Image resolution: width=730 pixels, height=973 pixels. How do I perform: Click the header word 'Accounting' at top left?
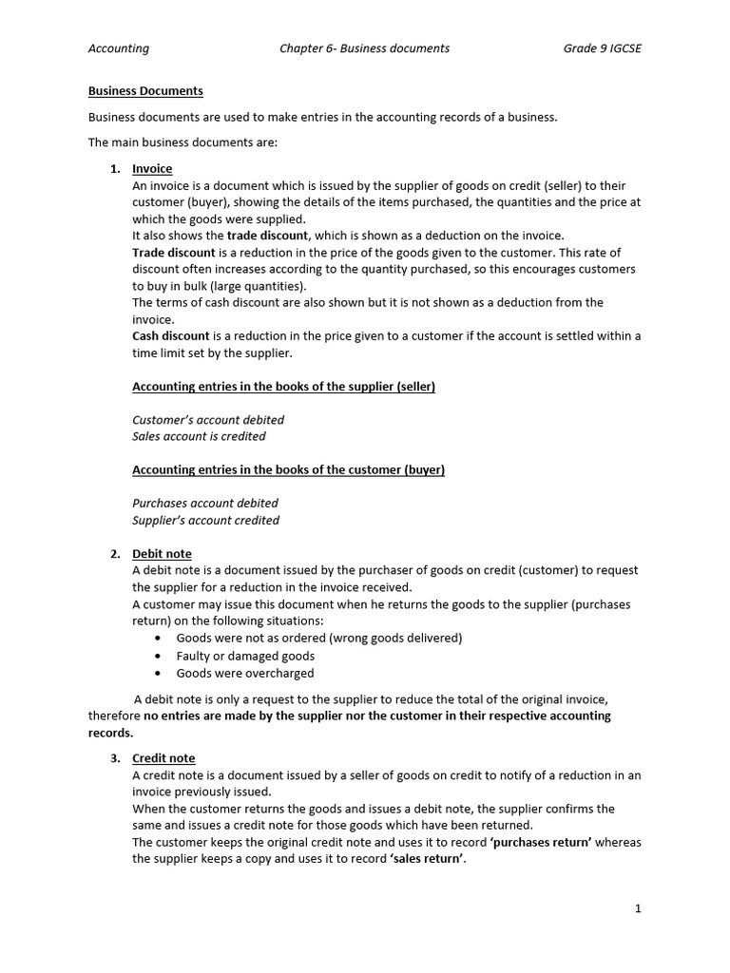pyautogui.click(x=119, y=48)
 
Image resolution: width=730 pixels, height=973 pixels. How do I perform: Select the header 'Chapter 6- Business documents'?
pyautogui.click(x=364, y=48)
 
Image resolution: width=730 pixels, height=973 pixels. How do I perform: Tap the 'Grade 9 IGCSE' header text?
pyautogui.click(x=602, y=48)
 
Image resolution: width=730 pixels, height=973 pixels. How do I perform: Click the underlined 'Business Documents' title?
pyautogui.click(x=145, y=91)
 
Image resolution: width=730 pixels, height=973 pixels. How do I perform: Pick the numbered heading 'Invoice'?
pyautogui.click(x=152, y=169)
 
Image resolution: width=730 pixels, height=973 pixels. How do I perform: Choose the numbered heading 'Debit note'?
pyautogui.click(x=162, y=554)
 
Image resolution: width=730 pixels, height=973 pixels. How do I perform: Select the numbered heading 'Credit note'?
pyautogui.click(x=163, y=758)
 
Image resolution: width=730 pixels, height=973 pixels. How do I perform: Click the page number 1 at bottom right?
pyautogui.click(x=638, y=908)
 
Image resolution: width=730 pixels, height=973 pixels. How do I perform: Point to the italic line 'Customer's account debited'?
pyautogui.click(x=208, y=420)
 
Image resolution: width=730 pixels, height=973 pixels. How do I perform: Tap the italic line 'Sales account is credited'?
pyautogui.click(x=199, y=437)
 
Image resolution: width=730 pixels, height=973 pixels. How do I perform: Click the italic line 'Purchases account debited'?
pyautogui.click(x=205, y=504)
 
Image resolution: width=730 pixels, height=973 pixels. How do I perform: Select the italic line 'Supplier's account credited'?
pyautogui.click(x=206, y=521)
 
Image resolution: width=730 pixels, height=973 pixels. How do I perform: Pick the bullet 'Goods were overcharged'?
pyautogui.click(x=245, y=674)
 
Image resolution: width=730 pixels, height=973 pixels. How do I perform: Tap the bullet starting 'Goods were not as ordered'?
pyautogui.click(x=319, y=639)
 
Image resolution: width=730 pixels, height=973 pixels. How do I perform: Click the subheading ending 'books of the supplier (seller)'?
pyautogui.click(x=283, y=387)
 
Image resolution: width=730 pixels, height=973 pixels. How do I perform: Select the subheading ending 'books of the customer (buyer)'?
pyautogui.click(x=288, y=470)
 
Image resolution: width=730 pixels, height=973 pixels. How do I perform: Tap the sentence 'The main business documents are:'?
pyautogui.click(x=182, y=143)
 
